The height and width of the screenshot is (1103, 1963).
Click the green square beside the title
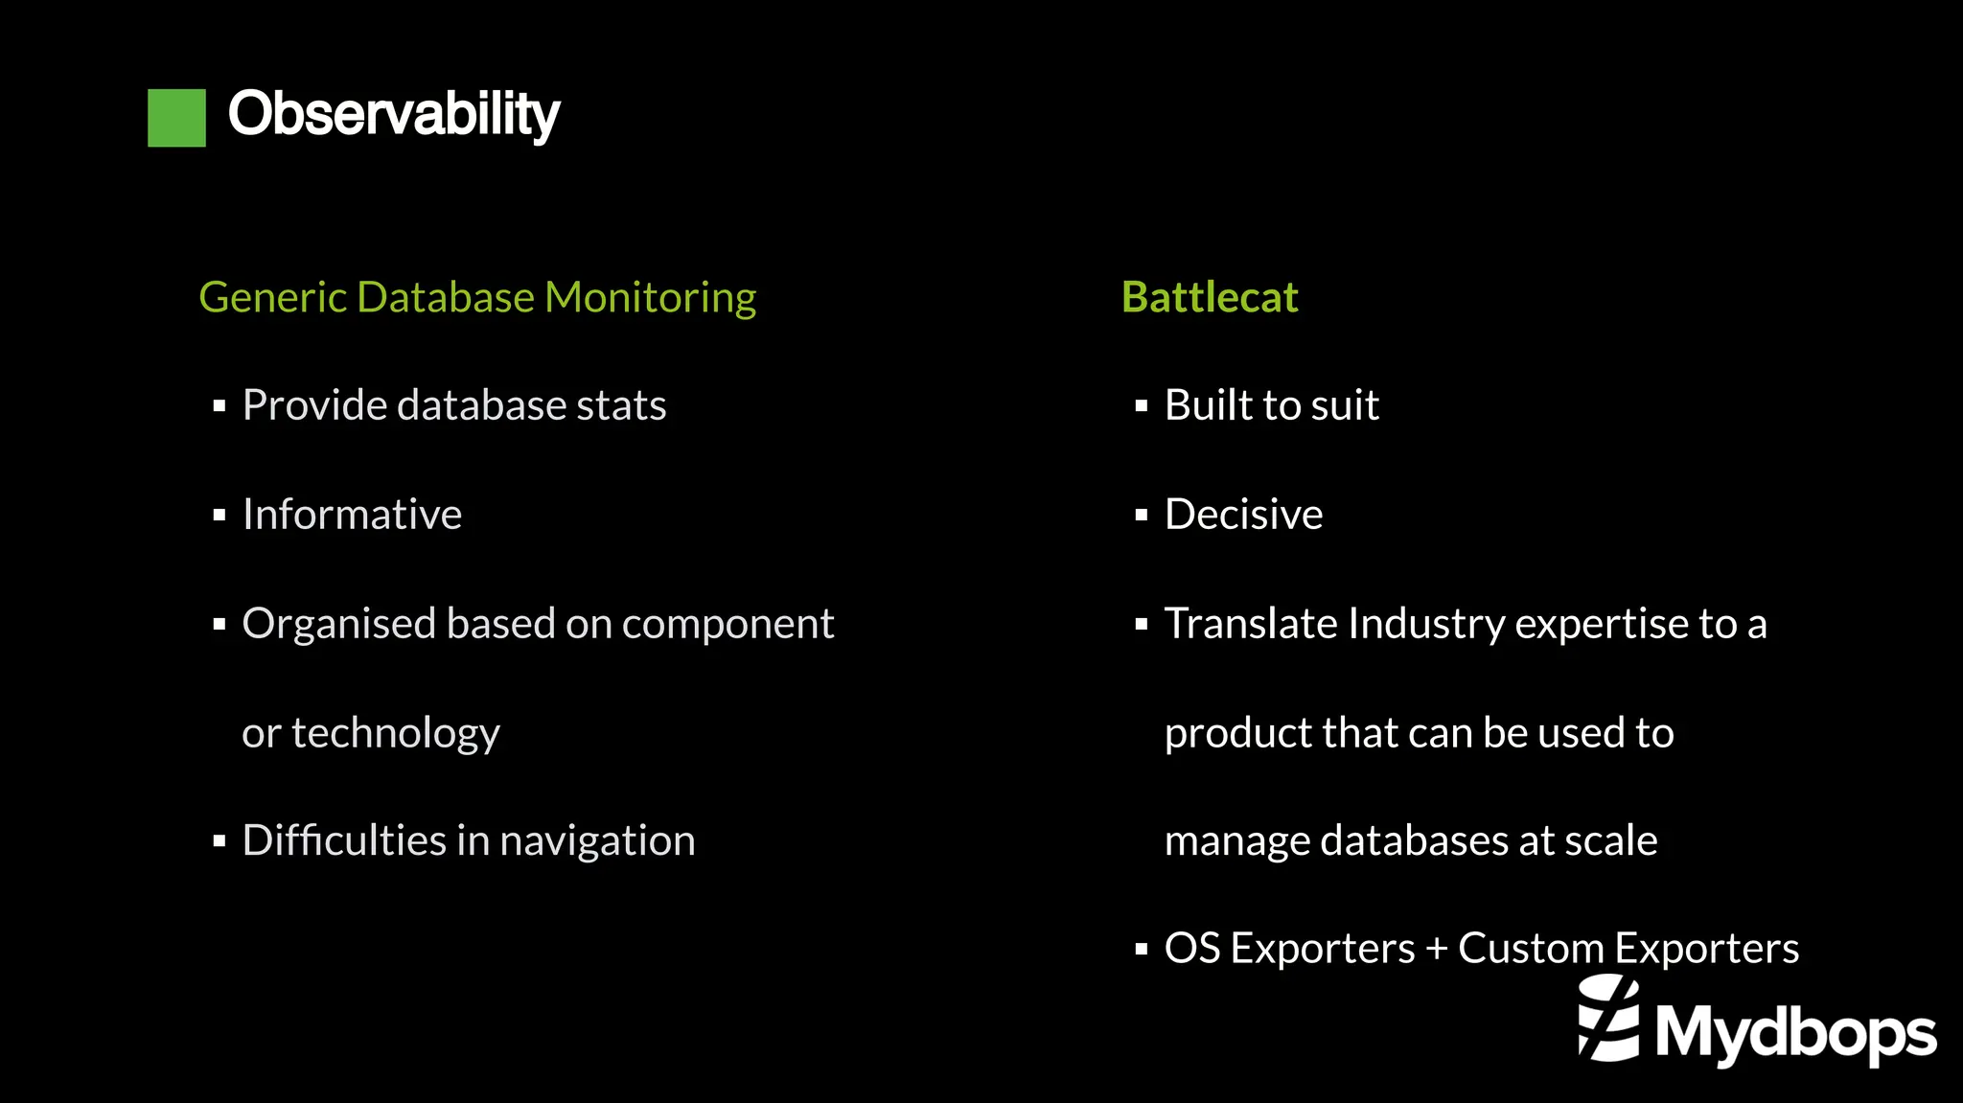tap(176, 117)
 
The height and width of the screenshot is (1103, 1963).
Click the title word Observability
tap(393, 115)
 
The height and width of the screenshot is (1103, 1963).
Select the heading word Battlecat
tap(1210, 297)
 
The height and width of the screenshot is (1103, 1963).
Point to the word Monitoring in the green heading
tap(650, 298)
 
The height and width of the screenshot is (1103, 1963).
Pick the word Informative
tap(352, 515)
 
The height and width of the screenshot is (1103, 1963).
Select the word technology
tap(395, 733)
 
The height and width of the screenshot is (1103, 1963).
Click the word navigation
tap(597, 841)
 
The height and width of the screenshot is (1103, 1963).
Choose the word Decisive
tap(1243, 515)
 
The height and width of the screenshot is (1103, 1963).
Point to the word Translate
tap(1250, 624)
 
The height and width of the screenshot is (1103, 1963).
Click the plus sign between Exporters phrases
tap(1436, 949)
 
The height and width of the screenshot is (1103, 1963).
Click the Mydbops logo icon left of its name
tap(1608, 1019)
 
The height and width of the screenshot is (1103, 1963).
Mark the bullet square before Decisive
tap(1141, 516)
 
